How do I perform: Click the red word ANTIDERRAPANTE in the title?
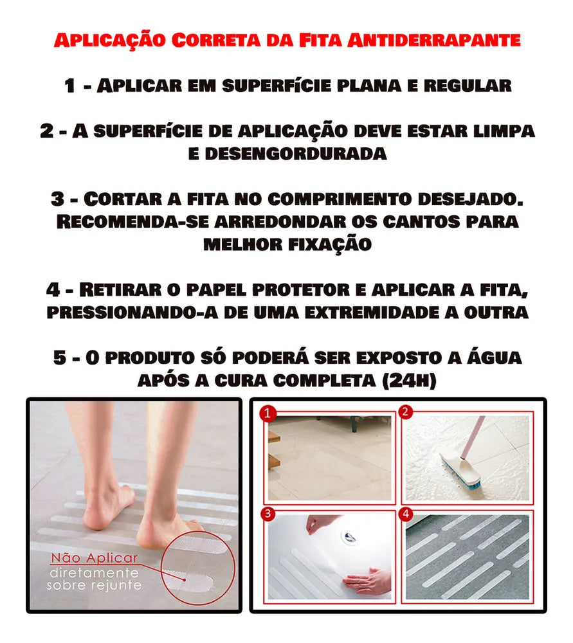[434, 41]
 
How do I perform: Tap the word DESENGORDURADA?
[296, 154]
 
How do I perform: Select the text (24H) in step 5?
[409, 381]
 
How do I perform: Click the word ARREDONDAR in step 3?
[280, 222]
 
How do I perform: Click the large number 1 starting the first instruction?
[69, 86]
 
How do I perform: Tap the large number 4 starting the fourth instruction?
[53, 290]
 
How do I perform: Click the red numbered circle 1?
[268, 413]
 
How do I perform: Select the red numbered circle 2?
[405, 412]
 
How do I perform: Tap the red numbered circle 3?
[268, 514]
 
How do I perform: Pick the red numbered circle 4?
[406, 514]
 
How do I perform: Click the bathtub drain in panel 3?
[350, 538]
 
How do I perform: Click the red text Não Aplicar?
[95, 558]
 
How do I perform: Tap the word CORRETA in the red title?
[216, 41]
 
